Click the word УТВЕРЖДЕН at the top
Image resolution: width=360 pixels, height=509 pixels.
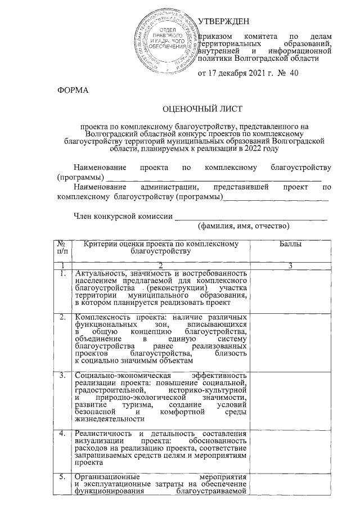224,21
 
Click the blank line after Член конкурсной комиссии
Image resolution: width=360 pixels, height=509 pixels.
251,217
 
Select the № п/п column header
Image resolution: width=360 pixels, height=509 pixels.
62,248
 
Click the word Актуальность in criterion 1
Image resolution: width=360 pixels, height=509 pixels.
98,273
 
